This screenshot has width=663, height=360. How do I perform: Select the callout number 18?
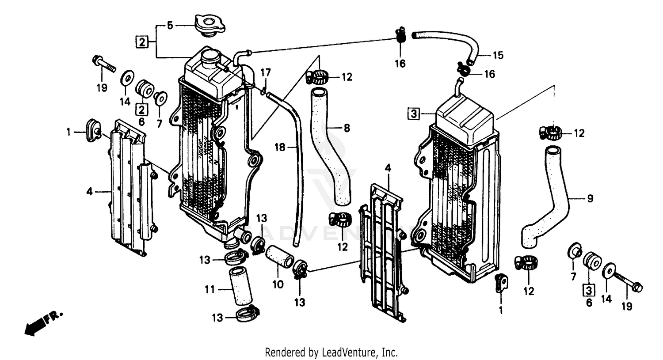click(x=280, y=148)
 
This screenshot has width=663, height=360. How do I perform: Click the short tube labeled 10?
click(x=278, y=258)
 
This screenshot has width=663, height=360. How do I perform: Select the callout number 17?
click(x=265, y=72)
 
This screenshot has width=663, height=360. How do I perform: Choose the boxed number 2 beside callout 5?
click(x=141, y=42)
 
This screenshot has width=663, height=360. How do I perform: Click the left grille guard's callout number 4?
click(x=90, y=192)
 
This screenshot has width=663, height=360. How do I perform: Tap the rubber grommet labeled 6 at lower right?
click(x=591, y=262)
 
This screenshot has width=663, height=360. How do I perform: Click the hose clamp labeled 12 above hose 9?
click(x=550, y=132)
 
